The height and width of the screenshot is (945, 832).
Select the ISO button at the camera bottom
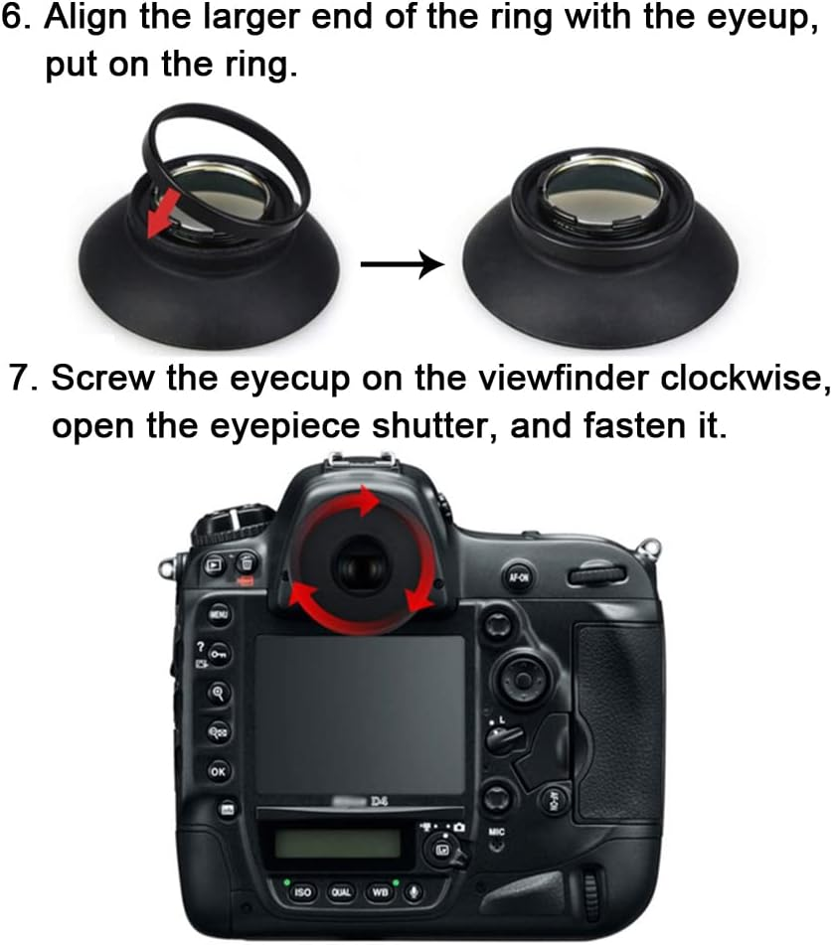[302, 892]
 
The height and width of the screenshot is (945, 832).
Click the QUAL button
[340, 892]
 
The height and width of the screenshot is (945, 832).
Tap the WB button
[379, 892]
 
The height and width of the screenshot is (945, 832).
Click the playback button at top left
[214, 564]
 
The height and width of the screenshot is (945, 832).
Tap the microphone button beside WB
[412, 892]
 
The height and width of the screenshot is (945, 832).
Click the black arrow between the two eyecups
[401, 265]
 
